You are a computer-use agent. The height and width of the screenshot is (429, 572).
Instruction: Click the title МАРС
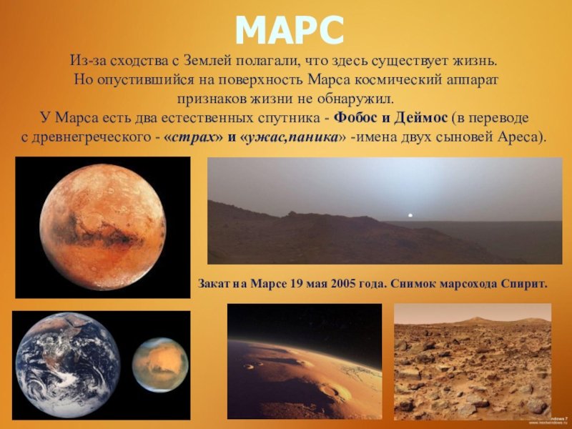[x=290, y=30]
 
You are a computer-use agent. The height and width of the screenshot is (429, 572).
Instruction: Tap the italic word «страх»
[x=193, y=137]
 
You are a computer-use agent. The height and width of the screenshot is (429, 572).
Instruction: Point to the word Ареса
[x=519, y=137]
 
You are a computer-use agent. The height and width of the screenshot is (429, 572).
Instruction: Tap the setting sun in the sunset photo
[x=410, y=215]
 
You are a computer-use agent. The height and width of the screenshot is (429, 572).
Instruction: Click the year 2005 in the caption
[x=343, y=283]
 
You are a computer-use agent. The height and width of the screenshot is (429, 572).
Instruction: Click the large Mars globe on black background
[x=102, y=227]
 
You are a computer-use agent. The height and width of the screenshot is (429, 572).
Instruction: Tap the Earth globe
[x=67, y=365]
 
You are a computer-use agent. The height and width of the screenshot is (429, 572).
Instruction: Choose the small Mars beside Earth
[x=160, y=365]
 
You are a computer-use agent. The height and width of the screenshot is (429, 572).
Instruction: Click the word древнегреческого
[x=89, y=137]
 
